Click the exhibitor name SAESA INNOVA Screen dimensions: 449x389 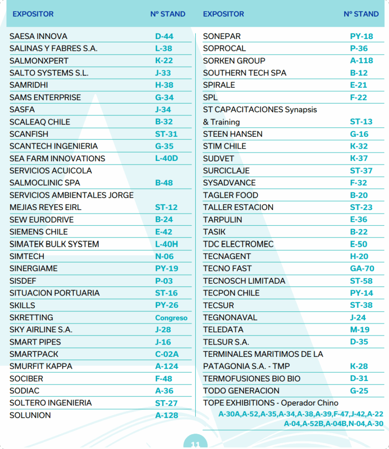click(38, 36)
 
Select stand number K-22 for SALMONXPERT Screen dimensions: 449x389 click(164, 61)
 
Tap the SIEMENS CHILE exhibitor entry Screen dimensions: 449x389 click(39, 232)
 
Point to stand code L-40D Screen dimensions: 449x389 click(166, 159)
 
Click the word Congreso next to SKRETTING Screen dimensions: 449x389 click(171, 318)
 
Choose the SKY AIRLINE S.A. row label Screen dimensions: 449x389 click(41, 330)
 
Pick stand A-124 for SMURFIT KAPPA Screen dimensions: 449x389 click(167, 367)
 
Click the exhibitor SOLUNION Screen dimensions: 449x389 click(30, 415)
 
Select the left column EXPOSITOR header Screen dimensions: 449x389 click(33, 14)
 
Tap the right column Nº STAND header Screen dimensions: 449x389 click(361, 14)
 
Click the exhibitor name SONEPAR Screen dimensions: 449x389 click(222, 36)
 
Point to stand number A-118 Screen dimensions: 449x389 click(361, 61)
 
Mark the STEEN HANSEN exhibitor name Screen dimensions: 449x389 click(233, 134)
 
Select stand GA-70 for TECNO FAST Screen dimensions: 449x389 click(362, 269)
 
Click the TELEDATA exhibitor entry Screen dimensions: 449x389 click(223, 330)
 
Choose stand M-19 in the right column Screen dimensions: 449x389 click(360, 330)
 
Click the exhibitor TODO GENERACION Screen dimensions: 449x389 click(241, 391)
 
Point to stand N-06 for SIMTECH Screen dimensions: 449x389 click(164, 257)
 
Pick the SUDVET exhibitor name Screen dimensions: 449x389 click(218, 159)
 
